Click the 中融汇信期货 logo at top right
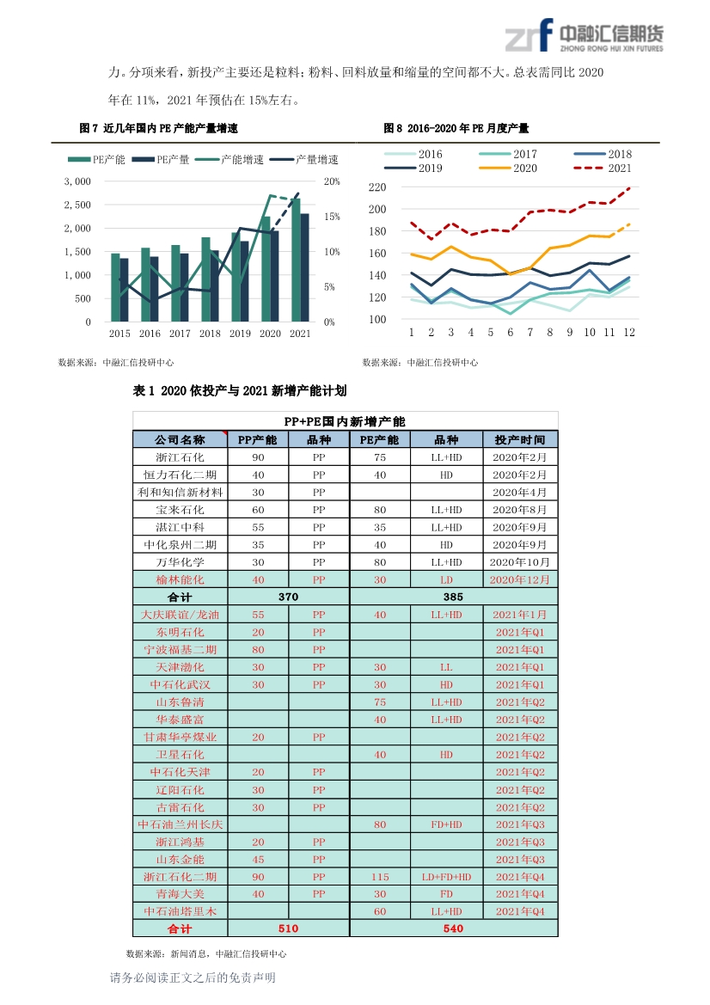[584, 36]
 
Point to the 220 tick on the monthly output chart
[377, 187]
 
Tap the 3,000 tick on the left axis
[77, 181]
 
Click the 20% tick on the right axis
[332, 181]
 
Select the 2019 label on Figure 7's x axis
[240, 334]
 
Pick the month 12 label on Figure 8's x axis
[629, 332]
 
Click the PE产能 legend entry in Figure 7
[97, 160]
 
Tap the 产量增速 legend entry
[304, 160]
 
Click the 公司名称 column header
[180, 439]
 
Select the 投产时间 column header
[520, 439]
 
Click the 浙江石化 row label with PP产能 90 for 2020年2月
[180, 457]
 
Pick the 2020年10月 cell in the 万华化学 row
[520, 562]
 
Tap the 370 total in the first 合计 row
[288, 597]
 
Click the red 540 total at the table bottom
[453, 928]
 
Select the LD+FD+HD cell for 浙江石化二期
[447, 877]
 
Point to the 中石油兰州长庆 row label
[180, 824]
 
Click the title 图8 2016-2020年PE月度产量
[456, 128]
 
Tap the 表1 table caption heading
[240, 390]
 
